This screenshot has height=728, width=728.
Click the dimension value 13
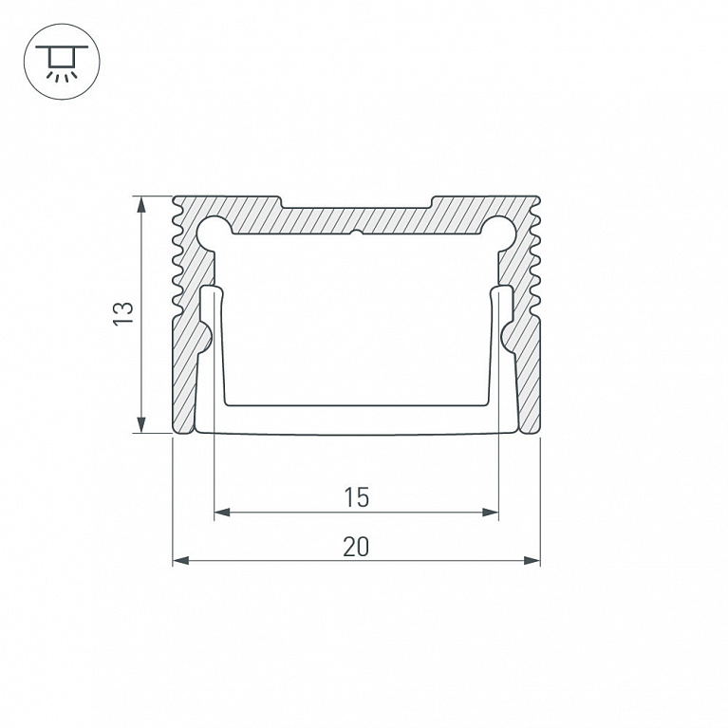[123, 313]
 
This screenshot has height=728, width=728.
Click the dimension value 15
[356, 497]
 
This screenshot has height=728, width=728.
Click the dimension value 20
[356, 547]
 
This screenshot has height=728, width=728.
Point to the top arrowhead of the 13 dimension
[141, 205]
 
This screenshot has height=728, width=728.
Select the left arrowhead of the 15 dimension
[222, 513]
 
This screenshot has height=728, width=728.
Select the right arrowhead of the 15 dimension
[491, 513]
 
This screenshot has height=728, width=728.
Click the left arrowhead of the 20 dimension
[181, 560]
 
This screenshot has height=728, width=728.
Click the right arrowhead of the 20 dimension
[532, 560]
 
